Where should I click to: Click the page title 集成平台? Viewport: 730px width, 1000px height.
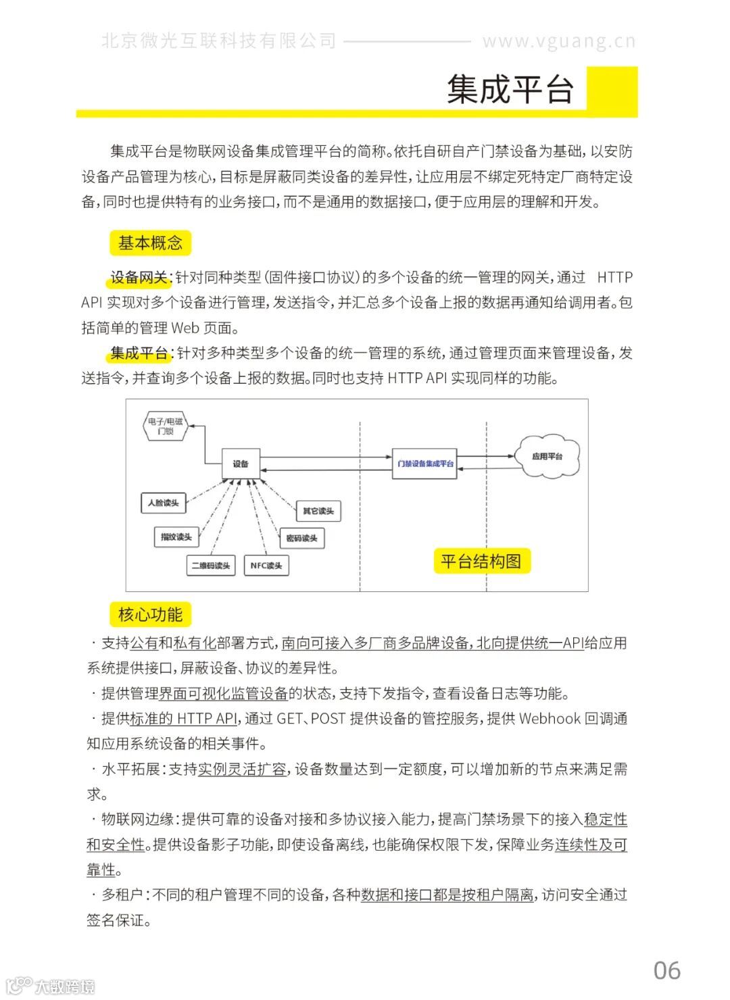(510, 90)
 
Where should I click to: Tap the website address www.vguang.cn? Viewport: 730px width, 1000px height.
(558, 41)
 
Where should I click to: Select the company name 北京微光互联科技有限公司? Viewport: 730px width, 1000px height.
(218, 41)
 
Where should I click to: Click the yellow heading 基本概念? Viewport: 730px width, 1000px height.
(150, 243)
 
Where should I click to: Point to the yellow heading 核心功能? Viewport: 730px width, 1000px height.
(150, 614)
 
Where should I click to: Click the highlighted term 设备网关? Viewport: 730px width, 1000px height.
(139, 278)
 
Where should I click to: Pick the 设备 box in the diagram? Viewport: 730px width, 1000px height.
(241, 464)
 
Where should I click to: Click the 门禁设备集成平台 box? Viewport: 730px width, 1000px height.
(424, 464)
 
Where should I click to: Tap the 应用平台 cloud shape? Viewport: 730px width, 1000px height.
(547, 457)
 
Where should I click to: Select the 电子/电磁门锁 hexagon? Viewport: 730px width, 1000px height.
(165, 426)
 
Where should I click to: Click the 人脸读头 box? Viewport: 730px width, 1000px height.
(163, 503)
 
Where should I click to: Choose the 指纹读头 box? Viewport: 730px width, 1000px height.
(176, 537)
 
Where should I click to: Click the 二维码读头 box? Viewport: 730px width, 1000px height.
(210, 566)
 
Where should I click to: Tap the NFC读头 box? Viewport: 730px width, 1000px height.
(266, 566)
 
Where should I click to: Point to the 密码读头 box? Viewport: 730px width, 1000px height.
(301, 539)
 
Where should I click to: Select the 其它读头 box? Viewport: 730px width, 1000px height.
(318, 511)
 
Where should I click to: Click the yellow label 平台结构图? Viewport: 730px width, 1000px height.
(481, 561)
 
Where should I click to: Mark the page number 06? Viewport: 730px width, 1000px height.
(666, 970)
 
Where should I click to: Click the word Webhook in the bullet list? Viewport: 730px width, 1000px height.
(550, 718)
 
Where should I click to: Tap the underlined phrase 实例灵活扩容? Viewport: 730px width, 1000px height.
(242, 769)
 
